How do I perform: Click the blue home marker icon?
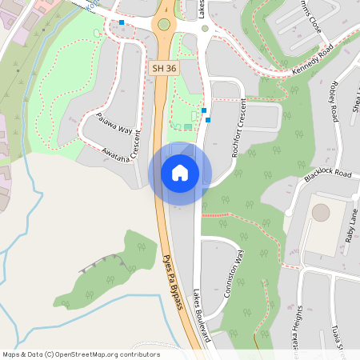click(x=180, y=173)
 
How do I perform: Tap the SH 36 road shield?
click(x=164, y=69)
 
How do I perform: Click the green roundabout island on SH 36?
click(x=164, y=25)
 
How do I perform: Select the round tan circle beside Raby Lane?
click(x=321, y=213)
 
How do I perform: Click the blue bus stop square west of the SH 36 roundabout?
click(x=122, y=23)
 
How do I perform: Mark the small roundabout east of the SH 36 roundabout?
click(x=205, y=29)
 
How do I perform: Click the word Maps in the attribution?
click(x=11, y=354)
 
